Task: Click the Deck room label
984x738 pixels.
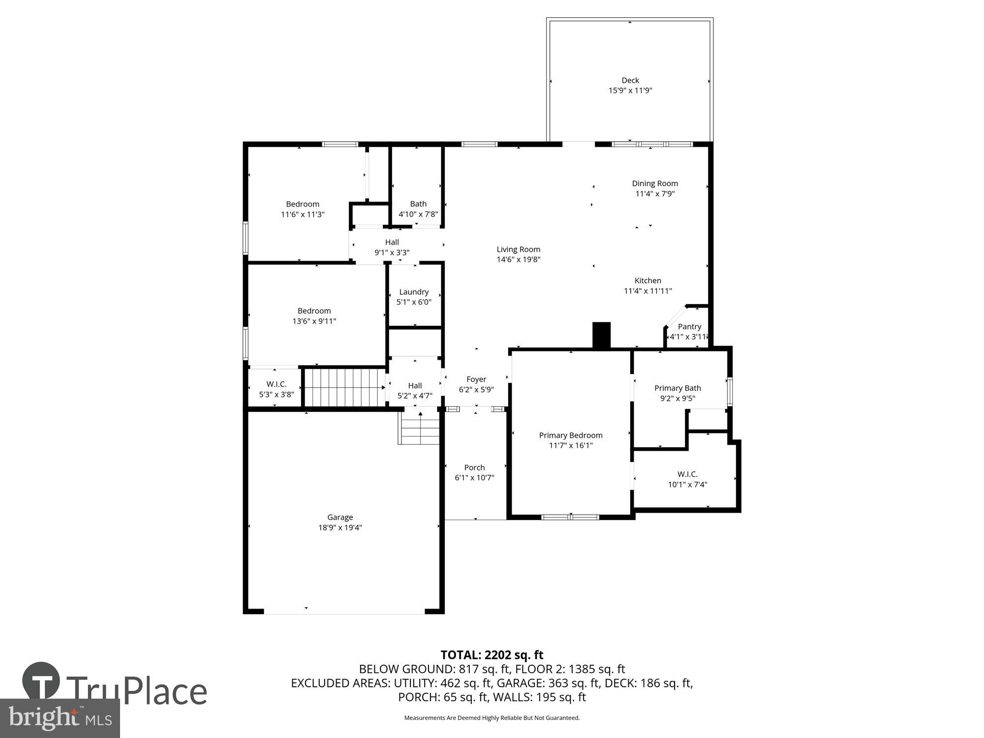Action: (630, 80)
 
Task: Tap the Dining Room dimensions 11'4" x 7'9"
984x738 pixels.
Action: (654, 194)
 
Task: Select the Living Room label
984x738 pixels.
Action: (518, 249)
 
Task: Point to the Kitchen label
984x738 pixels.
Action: (647, 280)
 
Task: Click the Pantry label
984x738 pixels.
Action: (689, 327)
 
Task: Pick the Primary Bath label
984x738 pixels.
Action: (677, 388)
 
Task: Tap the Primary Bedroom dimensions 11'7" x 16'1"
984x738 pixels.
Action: (571, 446)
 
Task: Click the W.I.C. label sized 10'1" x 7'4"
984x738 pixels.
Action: (687, 474)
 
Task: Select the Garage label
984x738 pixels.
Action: (340, 517)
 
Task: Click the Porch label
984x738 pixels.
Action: (474, 467)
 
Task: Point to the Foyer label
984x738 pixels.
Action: (476, 379)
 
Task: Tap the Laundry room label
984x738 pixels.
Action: (414, 292)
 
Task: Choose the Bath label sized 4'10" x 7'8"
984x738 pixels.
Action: (418, 204)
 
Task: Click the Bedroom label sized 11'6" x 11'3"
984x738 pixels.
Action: (303, 204)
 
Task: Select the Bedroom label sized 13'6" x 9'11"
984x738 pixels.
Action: (314, 311)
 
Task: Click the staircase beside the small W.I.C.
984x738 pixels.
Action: (344, 388)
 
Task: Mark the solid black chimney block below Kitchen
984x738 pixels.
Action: (601, 336)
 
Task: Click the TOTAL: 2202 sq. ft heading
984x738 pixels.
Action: (492, 655)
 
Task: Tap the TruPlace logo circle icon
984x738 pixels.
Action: (41, 681)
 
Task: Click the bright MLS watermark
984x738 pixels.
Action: (60, 719)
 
